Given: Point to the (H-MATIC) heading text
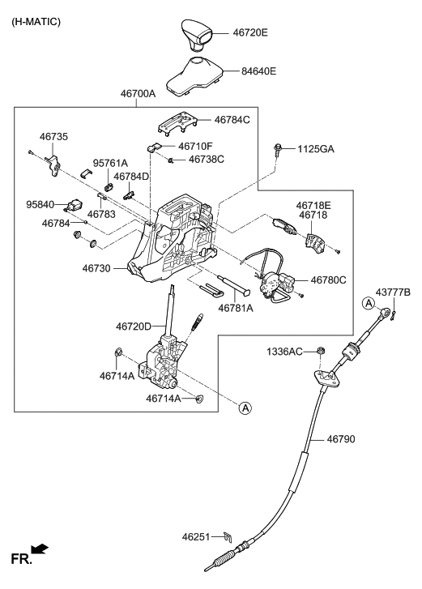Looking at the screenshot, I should pos(36,19).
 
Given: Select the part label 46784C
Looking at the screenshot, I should pos(232,120).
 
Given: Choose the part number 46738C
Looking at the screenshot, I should pos(206,160).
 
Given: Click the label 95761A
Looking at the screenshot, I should pos(110,163).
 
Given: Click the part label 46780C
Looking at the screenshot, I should pos(330,280).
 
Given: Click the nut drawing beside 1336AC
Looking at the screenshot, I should pos(322,351).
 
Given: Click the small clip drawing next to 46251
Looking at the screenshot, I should pos(228,536).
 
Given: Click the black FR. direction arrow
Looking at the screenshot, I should pos(39,550).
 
